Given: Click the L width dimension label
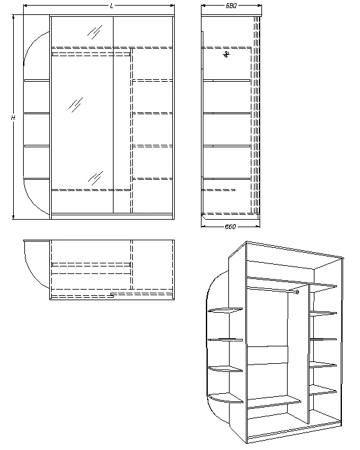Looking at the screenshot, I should coord(111,6).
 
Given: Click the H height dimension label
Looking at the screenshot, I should coord(12,117).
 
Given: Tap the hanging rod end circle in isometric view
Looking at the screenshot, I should coord(298,292).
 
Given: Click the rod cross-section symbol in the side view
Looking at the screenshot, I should coord(226,55).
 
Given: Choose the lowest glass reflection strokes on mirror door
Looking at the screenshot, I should coord(95,176).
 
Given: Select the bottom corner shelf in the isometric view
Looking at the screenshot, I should coord(225,397).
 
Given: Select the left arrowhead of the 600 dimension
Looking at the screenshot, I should coord(204,225).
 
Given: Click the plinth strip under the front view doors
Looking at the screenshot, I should coord(111,215).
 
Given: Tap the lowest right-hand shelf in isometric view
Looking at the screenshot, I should coord(323,391).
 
